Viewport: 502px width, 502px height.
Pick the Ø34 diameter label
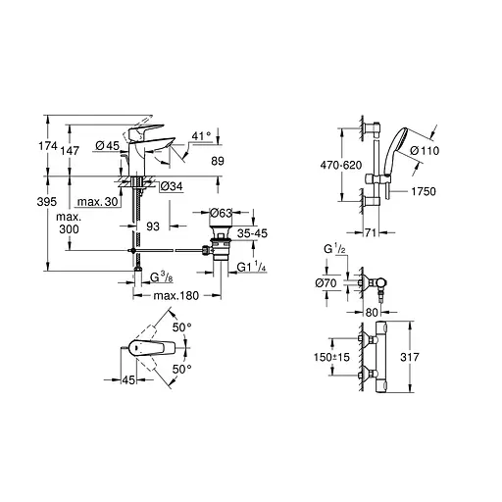pos(172,186)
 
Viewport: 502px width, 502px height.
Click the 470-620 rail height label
pos(316,168)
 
